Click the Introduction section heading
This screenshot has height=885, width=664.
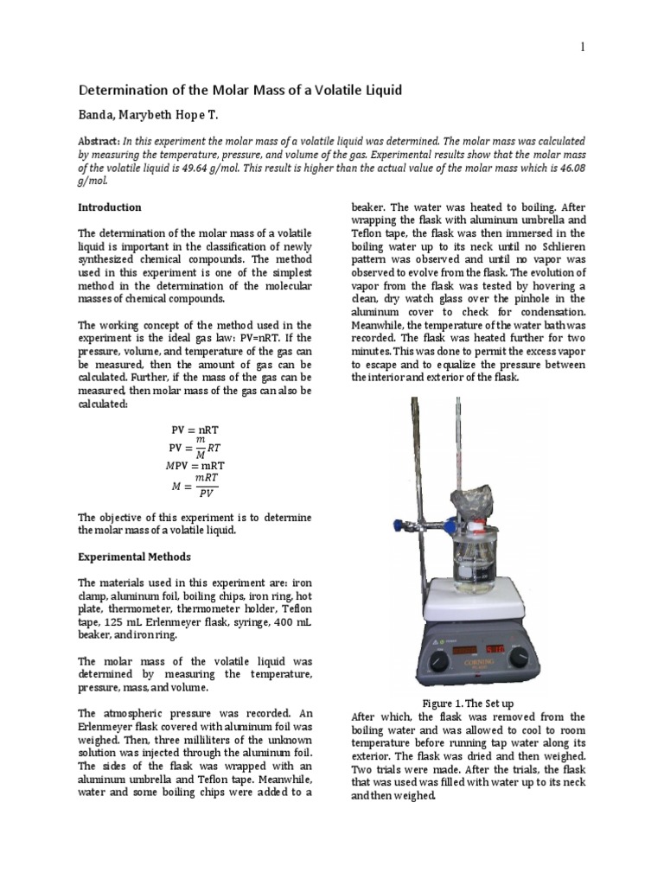(110, 207)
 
